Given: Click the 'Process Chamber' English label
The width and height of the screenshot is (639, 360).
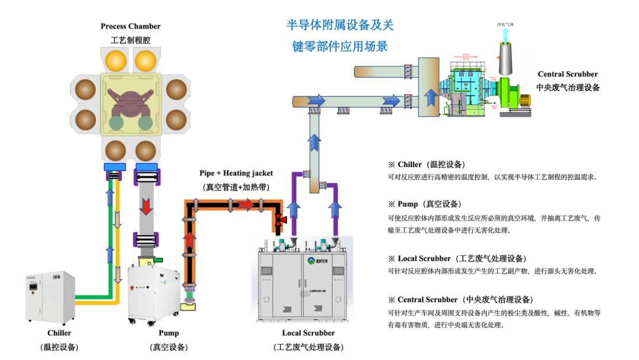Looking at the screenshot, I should [130, 26].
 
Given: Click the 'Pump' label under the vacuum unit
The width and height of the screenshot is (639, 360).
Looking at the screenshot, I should [169, 333].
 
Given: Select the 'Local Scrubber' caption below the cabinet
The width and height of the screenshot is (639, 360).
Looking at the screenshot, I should [308, 333].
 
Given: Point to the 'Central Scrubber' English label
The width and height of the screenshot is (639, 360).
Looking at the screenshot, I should [567, 74].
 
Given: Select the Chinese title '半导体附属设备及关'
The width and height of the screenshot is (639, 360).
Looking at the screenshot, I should [340, 25].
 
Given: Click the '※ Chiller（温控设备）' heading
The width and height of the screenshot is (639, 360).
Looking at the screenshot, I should [426, 164].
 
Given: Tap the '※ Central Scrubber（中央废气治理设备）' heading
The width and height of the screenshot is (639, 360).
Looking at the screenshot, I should [460, 299].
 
